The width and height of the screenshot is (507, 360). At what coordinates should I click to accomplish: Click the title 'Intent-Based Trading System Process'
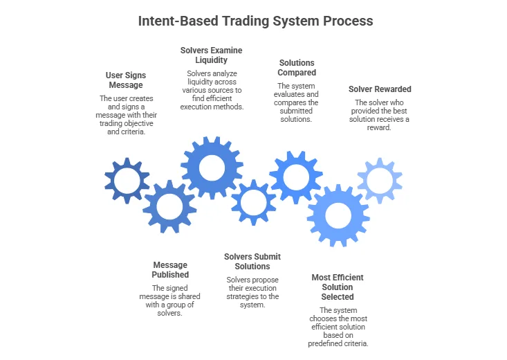point(255,21)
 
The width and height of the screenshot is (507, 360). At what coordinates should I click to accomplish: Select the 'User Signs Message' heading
point(125,80)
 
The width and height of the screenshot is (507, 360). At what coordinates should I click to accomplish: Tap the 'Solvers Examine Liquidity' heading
point(211,55)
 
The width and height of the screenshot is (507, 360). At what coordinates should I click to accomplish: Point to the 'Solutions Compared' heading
point(297,67)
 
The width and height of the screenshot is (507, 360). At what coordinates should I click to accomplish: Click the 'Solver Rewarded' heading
point(379,89)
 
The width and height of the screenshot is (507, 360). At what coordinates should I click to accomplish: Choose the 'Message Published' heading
point(170,270)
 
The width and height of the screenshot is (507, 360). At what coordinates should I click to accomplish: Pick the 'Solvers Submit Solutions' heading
point(252,262)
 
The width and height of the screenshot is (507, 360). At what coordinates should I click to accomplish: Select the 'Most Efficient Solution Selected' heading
point(338,287)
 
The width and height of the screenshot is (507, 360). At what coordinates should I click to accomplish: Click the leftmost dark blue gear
point(127,181)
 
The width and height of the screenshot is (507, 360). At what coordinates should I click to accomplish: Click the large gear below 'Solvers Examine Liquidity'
point(211,168)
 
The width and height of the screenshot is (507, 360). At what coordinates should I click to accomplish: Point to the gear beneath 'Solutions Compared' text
point(296,177)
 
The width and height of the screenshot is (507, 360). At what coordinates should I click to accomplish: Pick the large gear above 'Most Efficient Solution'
point(338,215)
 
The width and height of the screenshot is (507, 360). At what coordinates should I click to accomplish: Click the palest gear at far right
point(379,181)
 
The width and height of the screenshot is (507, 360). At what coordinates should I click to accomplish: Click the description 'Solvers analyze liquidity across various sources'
point(211,90)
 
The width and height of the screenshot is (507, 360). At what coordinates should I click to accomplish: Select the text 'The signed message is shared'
point(170,300)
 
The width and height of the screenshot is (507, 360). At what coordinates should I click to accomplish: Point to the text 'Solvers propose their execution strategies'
point(252,292)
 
